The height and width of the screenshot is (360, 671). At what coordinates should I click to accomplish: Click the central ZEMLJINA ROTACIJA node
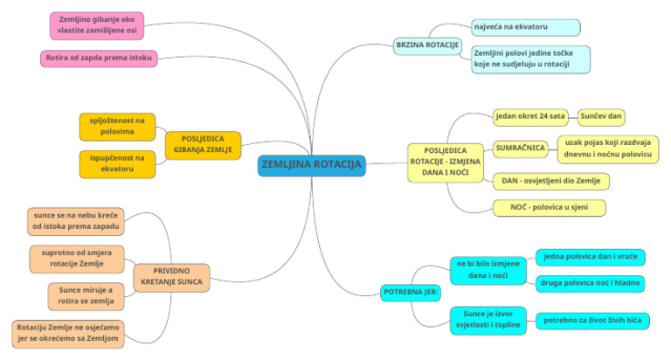pos(312,165)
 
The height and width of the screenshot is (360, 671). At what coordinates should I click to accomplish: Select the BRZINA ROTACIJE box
pos(427,45)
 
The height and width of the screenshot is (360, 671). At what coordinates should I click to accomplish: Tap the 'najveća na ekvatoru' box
pos(525,27)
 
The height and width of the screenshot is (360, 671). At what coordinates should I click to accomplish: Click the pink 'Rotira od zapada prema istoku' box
pos(99,59)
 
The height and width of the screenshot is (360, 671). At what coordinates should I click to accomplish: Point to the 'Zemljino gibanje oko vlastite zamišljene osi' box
pos(97,25)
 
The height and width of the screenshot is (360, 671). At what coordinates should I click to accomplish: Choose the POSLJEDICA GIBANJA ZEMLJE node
pos(203,145)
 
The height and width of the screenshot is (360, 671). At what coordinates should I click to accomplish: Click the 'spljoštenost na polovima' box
pos(117,127)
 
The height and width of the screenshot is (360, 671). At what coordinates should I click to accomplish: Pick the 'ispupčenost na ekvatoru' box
pos(117,164)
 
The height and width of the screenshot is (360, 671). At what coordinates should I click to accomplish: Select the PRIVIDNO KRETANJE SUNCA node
pos(171,277)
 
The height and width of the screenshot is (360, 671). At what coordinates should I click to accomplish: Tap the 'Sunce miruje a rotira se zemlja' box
pos(86,296)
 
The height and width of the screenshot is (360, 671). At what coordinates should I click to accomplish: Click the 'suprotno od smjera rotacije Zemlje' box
pos(77,259)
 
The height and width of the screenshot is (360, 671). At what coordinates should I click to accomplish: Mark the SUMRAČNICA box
pos(521,149)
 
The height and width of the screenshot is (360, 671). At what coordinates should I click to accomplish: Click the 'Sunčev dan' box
pos(601,117)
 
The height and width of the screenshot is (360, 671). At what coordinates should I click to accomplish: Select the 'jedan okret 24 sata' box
pos(530,117)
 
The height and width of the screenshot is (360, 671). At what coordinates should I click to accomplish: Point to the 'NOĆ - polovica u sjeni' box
pos(549,208)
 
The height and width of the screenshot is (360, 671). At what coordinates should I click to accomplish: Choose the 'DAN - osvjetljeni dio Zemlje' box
pos(550,181)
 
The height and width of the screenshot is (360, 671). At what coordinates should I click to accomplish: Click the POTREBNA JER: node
pos(411,293)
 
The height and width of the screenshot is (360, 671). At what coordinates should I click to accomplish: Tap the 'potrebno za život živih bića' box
pos(592,321)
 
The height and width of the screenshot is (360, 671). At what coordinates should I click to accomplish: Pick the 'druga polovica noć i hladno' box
pos(590,283)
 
